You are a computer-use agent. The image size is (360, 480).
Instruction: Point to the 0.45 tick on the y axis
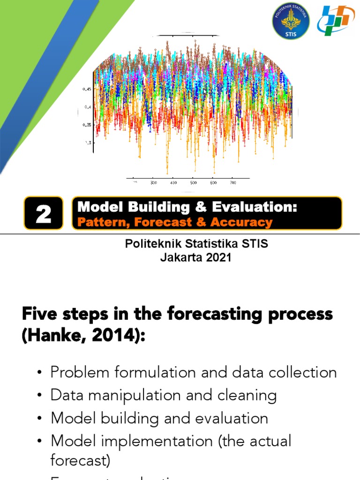coord(87,89)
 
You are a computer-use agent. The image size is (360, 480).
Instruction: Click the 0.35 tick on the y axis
coord(87,125)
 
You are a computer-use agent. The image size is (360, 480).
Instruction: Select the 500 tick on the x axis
coord(193,183)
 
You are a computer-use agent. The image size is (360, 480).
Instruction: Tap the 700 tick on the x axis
coord(233,183)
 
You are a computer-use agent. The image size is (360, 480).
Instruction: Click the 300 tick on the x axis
coord(153,183)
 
